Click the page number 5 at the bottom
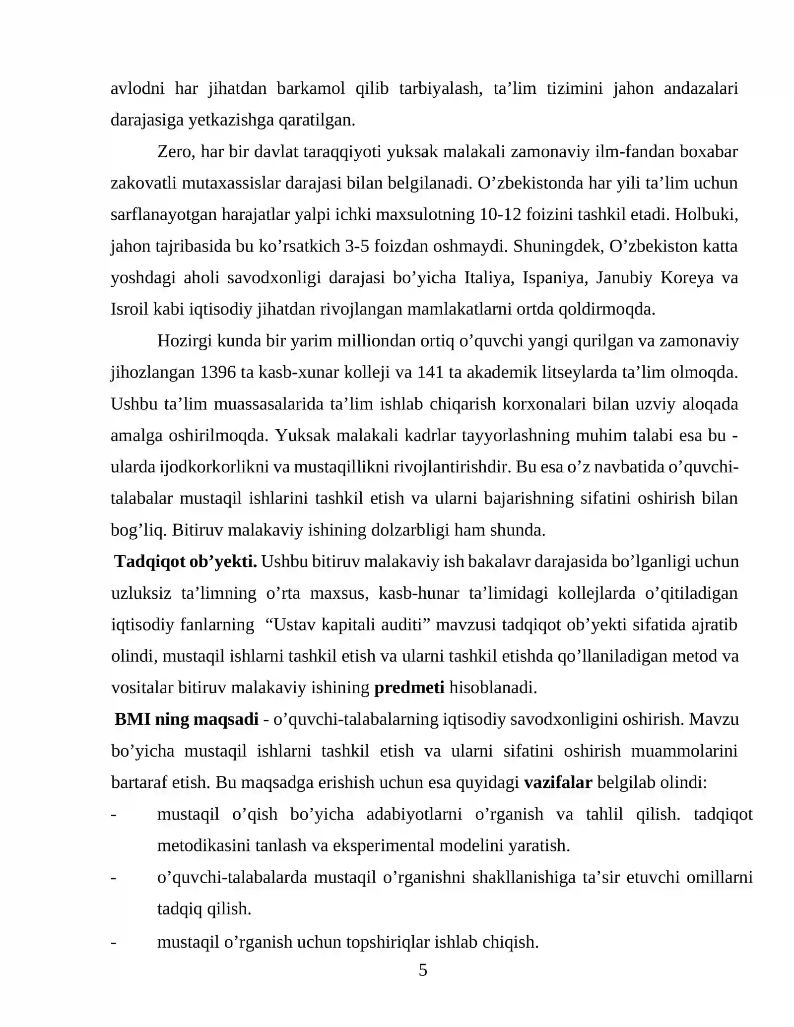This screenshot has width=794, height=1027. pyautogui.click(x=422, y=969)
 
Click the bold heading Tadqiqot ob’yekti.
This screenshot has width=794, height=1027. pyautogui.click(x=186, y=562)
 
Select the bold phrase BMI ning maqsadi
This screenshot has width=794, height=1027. pyautogui.click(x=187, y=719)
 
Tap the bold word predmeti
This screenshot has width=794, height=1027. pyautogui.click(x=409, y=688)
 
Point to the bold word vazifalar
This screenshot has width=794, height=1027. pyautogui.click(x=558, y=782)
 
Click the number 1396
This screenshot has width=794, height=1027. pyautogui.click(x=218, y=372)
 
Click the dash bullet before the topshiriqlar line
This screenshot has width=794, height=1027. pyautogui.click(x=114, y=942)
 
